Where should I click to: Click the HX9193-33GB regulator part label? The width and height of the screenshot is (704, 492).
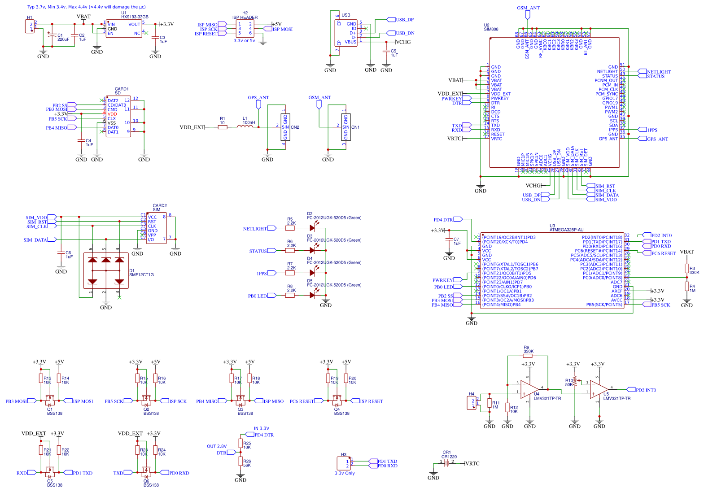[x=135, y=17]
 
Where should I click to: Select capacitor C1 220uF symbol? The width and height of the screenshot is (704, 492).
[x=52, y=34]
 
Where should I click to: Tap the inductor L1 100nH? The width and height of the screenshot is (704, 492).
[x=245, y=127]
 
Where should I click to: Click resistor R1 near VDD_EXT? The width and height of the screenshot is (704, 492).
[x=222, y=127]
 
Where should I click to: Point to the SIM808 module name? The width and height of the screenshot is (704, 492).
[x=491, y=29]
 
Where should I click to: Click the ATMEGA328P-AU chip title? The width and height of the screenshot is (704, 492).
[x=566, y=230]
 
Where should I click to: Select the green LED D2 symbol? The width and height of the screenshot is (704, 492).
[x=313, y=228]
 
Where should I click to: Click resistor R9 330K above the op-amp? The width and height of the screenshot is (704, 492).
[x=528, y=356]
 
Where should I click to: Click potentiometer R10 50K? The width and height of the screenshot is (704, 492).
[x=575, y=382]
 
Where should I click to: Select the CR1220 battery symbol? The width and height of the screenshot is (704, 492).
[x=446, y=463]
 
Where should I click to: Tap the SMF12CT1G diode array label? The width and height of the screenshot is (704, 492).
[x=141, y=274]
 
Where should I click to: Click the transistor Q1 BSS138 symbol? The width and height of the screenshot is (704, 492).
[x=50, y=399]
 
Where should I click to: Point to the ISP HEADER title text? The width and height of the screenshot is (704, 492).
[x=245, y=17]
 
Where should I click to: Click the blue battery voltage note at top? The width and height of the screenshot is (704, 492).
[x=86, y=7]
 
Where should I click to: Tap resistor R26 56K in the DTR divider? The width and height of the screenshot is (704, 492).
[x=240, y=463]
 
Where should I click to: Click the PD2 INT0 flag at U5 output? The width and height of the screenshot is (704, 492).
[x=643, y=390]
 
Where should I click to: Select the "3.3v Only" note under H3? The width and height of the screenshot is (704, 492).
[x=345, y=473]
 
